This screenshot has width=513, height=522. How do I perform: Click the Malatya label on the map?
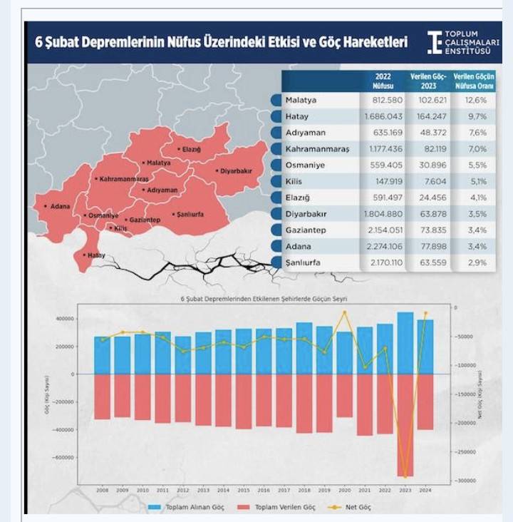tap(159, 163)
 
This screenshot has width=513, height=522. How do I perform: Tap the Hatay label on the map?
tap(95, 255)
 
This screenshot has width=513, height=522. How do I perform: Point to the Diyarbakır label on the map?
tap(234, 171)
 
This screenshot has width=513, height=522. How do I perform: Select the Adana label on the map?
tap(58, 206)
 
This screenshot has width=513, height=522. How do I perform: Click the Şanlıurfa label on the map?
tap(189, 214)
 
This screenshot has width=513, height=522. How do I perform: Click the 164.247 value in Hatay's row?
tap(430, 116)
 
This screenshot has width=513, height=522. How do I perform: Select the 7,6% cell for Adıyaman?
tap(477, 132)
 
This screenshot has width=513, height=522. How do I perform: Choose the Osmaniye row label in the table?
tap(304, 165)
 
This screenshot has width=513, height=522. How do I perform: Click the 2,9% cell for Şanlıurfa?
tap(477, 262)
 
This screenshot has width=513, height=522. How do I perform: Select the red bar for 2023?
tap(405, 425)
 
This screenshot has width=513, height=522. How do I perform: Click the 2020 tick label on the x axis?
tap(345, 491)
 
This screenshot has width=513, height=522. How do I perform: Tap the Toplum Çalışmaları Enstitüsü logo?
tap(463, 42)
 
